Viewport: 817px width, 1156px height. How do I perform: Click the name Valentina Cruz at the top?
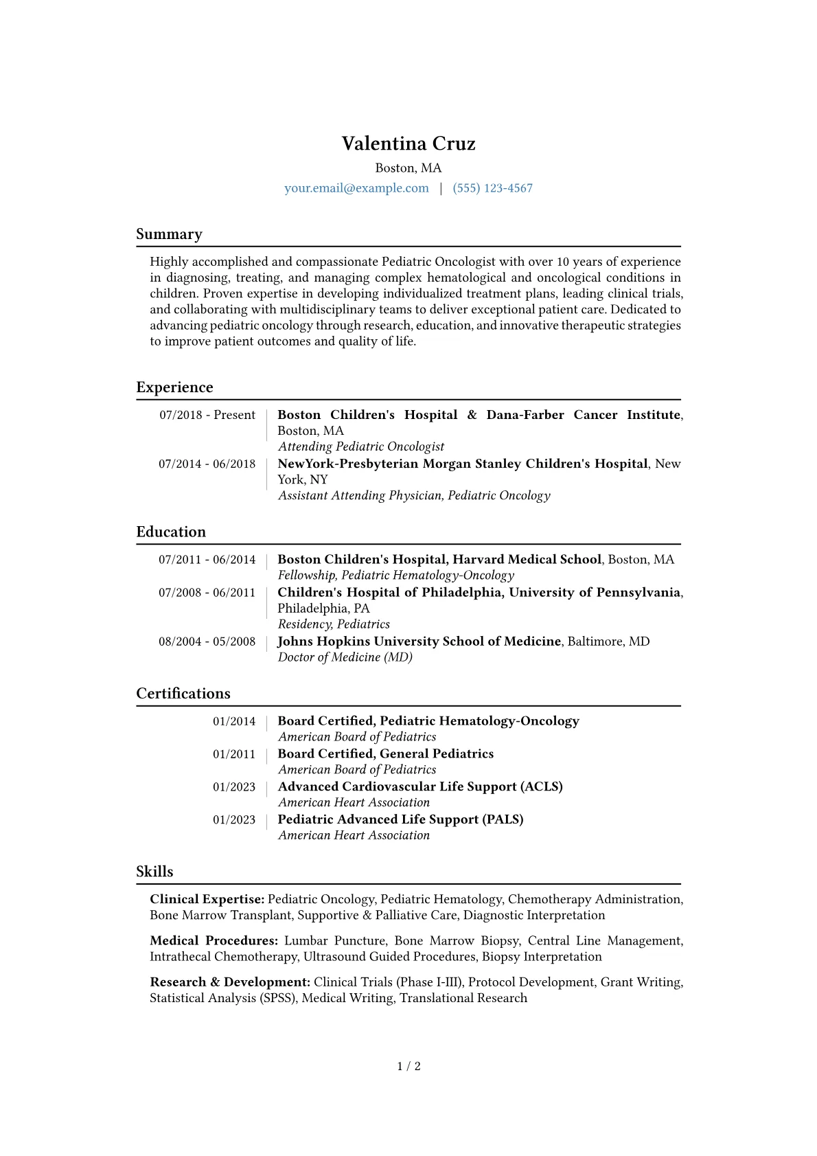[408, 144]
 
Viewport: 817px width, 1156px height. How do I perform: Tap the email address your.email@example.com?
[356, 188]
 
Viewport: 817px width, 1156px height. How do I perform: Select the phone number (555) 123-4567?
[492, 188]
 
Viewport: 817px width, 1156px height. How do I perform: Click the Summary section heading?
[169, 234]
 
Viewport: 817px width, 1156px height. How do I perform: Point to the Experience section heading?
[174, 387]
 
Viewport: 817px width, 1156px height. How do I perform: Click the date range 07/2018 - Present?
[207, 415]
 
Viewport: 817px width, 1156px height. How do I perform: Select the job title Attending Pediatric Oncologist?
[361, 446]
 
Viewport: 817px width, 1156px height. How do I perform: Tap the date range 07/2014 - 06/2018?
[207, 464]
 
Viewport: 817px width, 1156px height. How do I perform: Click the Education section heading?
[171, 532]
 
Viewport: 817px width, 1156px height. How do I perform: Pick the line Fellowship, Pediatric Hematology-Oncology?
[395, 576]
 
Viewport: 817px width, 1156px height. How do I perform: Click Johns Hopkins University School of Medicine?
[419, 641]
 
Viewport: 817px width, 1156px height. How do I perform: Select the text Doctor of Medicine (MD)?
[345, 657]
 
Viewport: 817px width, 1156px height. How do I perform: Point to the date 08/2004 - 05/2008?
[207, 642]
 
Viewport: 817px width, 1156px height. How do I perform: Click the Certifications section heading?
[183, 694]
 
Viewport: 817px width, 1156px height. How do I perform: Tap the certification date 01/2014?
[234, 721]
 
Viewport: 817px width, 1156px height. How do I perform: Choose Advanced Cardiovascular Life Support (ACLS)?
[419, 786]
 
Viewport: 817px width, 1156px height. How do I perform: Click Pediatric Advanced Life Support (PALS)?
[400, 819]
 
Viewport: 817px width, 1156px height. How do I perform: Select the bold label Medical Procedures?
[214, 941]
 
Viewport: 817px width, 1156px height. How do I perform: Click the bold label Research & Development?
[230, 982]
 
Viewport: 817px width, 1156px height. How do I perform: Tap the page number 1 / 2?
[408, 1066]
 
